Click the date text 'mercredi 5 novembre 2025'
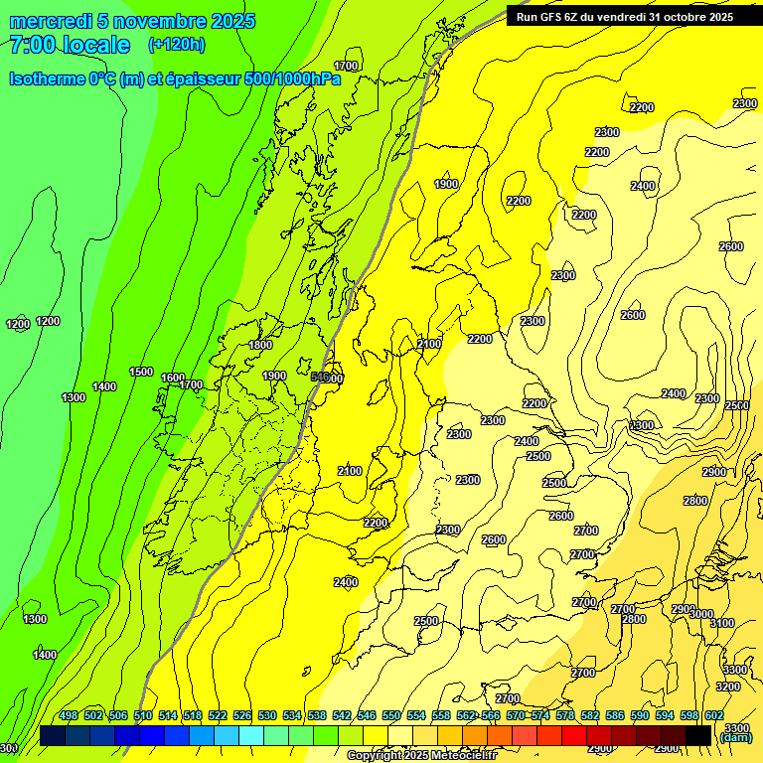coord(132,21)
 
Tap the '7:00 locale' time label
coord(70,45)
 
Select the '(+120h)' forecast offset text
coord(177,45)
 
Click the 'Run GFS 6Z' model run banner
coord(625,16)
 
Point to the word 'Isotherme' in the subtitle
coord(46,78)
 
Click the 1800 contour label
coord(260,345)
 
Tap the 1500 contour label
coord(141,372)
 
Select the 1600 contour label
coord(173,378)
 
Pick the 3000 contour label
coord(701,614)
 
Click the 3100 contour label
coord(722,623)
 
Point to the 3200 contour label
coord(728,687)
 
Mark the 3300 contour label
coord(737,673)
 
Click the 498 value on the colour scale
coord(69,716)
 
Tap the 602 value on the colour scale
coord(714,716)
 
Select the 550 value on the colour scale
coord(391,716)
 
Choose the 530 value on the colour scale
coord(267,716)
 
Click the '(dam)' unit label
coord(735,737)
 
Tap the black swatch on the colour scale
coord(698,735)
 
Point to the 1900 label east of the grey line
coord(446,184)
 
